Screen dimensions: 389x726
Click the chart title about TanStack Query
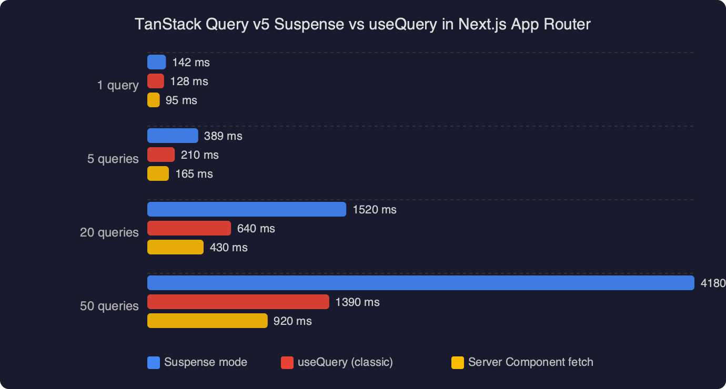coord(363,24)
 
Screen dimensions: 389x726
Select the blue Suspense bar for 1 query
coord(156,63)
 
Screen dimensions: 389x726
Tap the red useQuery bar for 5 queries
coord(161,155)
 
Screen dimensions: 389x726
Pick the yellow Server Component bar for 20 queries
coord(175,247)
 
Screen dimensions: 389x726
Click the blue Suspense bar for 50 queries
coord(420,283)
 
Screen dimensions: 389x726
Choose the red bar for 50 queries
coord(238,302)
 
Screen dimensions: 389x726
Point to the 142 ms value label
coord(190,63)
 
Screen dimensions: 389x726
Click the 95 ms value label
coord(181,100)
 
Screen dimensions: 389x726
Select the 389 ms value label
coord(223,136)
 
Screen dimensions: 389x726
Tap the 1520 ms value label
coord(374,210)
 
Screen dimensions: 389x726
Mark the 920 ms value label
coord(293,321)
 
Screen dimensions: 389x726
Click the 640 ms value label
coord(256,229)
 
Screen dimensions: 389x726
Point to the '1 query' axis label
coord(118,85)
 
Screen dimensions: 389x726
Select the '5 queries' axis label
coord(113,159)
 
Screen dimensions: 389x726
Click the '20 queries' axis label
coord(109,232)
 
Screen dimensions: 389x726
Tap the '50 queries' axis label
coord(109,306)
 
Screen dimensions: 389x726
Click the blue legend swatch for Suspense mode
coord(154,363)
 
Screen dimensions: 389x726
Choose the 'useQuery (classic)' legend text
coord(345,362)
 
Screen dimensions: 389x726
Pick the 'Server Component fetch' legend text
coord(530,362)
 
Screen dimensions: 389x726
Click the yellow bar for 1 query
coord(154,100)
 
